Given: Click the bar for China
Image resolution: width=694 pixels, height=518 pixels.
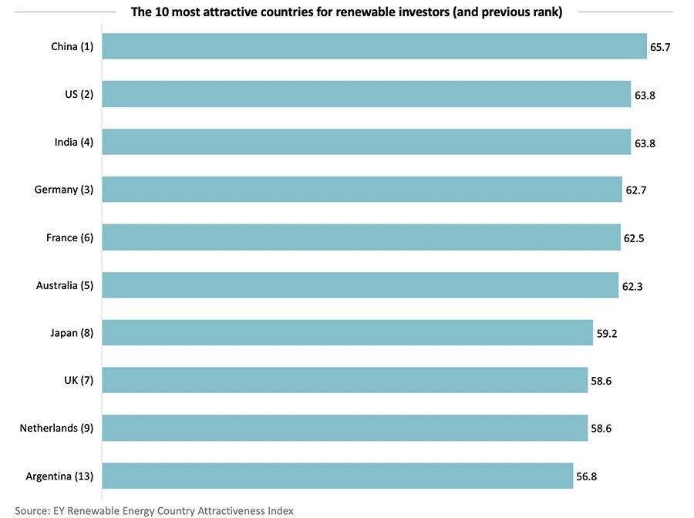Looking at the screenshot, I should point(374,46).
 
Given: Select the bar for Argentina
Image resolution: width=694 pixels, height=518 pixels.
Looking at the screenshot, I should point(337,476).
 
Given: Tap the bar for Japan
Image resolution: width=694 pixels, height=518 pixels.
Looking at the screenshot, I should point(347,333).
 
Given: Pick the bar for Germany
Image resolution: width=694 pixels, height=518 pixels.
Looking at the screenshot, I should point(362,190).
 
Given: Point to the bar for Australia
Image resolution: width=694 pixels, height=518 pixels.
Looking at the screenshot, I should point(360,285).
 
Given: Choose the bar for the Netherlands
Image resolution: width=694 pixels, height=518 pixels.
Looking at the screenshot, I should point(345,428).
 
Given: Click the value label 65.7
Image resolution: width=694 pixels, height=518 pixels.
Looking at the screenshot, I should point(661,47).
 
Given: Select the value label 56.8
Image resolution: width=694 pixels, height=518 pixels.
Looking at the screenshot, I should point(587,476).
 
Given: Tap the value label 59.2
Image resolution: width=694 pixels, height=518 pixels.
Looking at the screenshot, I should point(606,334).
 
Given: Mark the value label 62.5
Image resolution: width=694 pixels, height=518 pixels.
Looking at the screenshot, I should point(634,238).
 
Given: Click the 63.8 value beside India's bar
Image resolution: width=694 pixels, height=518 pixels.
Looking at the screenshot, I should point(645,143).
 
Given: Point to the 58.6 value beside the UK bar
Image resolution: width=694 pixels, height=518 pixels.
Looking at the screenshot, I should point(601,381).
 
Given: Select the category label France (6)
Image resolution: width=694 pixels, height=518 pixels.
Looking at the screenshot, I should point(69,237).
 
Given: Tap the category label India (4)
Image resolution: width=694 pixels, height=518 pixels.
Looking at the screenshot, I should point(72,142).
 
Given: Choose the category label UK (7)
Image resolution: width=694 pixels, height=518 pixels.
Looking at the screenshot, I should point(78,380).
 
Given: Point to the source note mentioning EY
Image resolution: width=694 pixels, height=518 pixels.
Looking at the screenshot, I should point(154,510).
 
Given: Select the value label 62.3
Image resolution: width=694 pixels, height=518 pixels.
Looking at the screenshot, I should point(632,286).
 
